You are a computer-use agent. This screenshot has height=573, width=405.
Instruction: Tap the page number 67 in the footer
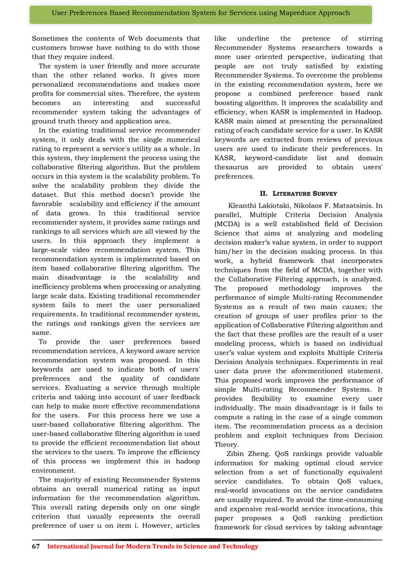(x=36, y=546)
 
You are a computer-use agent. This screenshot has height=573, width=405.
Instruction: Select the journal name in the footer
(x=153, y=546)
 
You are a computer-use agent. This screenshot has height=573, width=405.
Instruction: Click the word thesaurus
(x=235, y=167)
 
